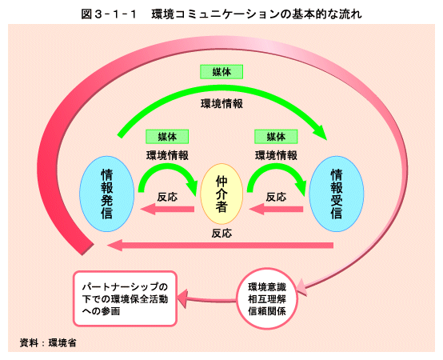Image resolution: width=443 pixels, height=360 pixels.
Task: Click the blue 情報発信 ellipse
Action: click(x=107, y=194)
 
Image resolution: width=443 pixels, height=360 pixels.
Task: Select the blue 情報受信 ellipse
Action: click(x=337, y=194)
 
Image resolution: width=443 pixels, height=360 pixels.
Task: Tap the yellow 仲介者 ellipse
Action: click(x=221, y=194)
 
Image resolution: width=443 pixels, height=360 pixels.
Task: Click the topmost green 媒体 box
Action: click(x=221, y=72)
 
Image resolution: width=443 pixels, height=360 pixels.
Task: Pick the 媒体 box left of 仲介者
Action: click(x=167, y=137)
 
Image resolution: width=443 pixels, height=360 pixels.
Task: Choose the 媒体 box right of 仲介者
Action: click(x=276, y=137)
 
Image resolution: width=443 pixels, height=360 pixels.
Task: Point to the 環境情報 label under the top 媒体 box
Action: click(x=221, y=104)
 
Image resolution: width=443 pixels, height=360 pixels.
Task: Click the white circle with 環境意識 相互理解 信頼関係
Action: click(x=267, y=299)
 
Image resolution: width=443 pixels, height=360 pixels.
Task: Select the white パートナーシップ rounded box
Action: click(x=126, y=298)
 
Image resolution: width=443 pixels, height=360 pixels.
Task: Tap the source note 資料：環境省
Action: click(x=48, y=342)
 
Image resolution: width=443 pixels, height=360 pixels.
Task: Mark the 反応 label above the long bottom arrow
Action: click(x=221, y=234)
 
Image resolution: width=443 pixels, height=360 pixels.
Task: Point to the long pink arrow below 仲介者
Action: click(x=221, y=245)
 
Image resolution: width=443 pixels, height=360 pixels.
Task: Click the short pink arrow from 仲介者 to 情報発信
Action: click(x=167, y=210)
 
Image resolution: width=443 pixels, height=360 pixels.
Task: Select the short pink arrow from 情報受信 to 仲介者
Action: click(x=276, y=210)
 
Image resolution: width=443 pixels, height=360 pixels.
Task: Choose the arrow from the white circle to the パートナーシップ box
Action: click(x=208, y=299)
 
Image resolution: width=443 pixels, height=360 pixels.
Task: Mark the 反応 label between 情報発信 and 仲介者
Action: click(x=167, y=197)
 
